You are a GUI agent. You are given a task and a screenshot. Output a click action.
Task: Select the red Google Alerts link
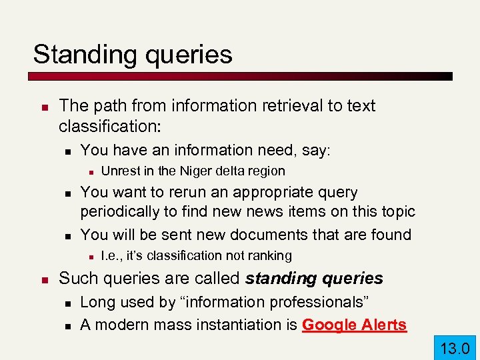[x=354, y=325]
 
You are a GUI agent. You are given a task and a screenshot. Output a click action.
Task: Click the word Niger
[x=189, y=171]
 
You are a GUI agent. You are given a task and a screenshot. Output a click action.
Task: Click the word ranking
[x=267, y=255]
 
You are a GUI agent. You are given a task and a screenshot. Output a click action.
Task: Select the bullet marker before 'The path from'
[x=42, y=107]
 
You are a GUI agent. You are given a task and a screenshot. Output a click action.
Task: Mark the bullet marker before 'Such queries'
[x=42, y=279]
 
